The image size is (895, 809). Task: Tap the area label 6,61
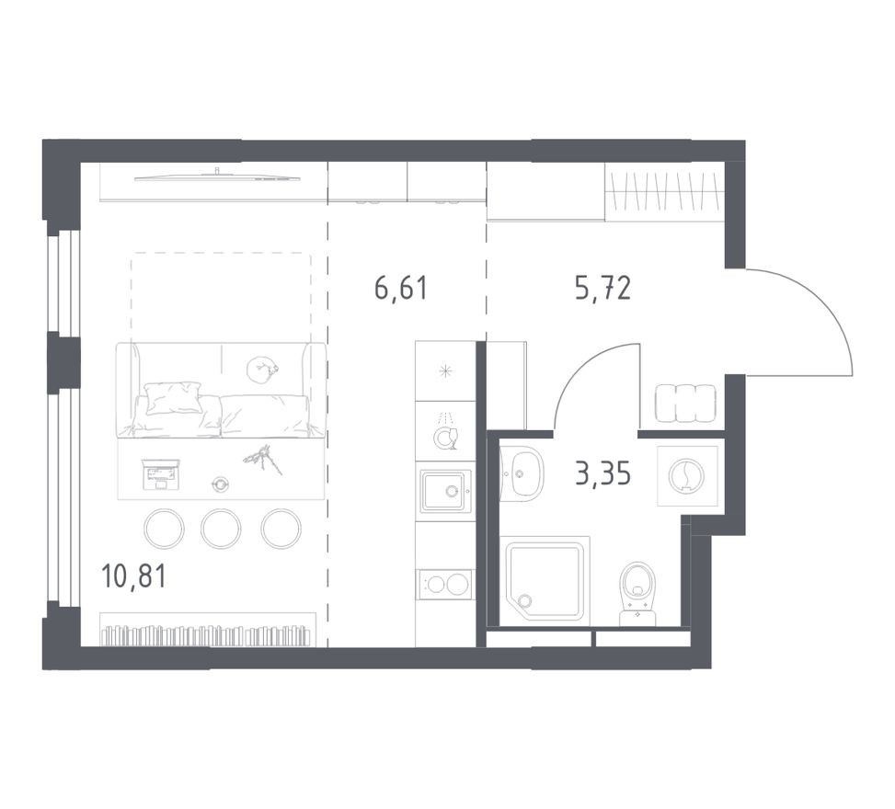pos(401,289)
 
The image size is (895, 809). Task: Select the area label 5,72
pos(602,289)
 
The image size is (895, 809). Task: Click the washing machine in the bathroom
pos(685,475)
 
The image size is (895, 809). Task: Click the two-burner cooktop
pos(443,585)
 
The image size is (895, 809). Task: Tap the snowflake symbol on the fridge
pos(445,371)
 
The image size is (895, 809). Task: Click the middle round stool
pos(221,528)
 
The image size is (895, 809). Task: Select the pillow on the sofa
pos(173,398)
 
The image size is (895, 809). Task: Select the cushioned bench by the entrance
pos(685,402)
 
